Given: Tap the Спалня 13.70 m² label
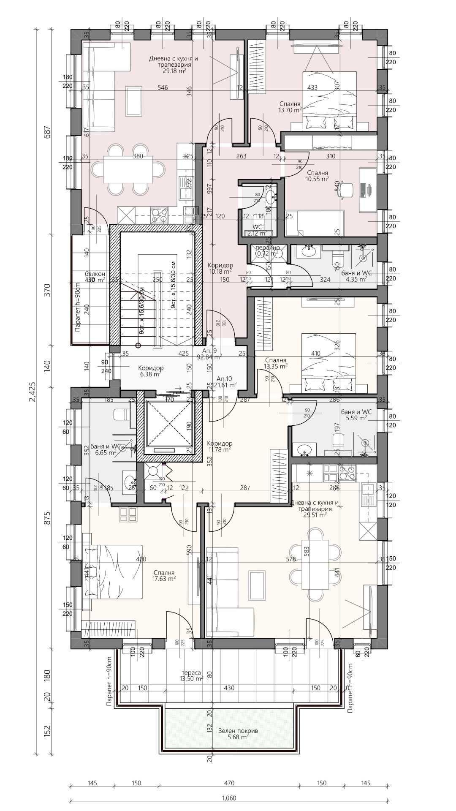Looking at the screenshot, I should coord(290,106).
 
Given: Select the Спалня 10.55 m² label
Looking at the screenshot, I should coord(318,176).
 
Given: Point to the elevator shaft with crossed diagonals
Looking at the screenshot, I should coord(169,424).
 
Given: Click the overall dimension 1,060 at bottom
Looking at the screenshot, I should coord(228,798).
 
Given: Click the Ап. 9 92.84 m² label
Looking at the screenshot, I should coord(209,354).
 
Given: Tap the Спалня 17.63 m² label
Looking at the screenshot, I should coord(164,576).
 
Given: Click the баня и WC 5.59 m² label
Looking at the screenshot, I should coord(356,415).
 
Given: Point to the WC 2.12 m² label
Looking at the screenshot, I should coord(258,230).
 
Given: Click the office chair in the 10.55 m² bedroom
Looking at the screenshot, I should coord(346,189).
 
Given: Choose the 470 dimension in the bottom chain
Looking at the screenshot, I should coord(229,783).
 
